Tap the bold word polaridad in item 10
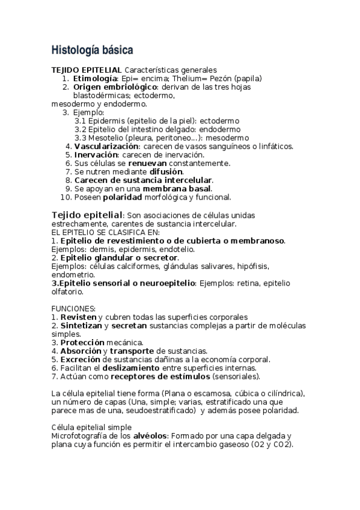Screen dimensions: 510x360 tap(123, 197)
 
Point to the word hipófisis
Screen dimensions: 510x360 tap(254, 266)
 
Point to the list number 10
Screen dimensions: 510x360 tap(66, 197)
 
